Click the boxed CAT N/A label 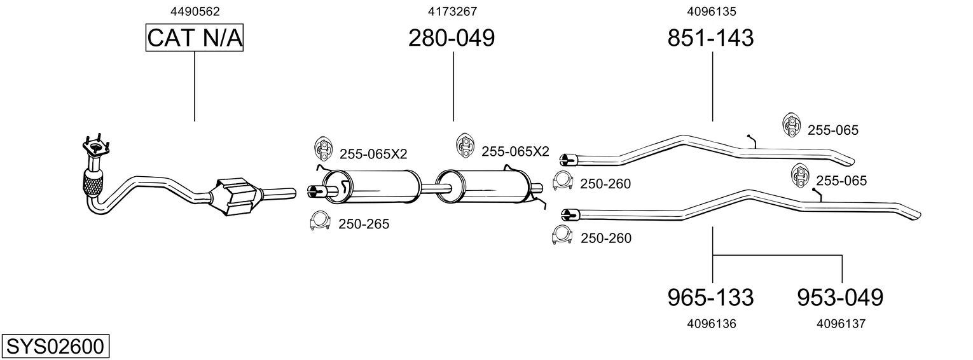click(x=195, y=39)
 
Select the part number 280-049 click(x=452, y=39)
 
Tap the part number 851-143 click(x=710, y=39)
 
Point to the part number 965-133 click(x=710, y=297)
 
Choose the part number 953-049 click(x=840, y=297)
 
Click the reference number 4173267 click(x=452, y=11)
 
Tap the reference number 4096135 click(x=711, y=11)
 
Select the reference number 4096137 click(x=841, y=324)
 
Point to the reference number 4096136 click(x=712, y=324)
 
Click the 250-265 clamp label click(x=364, y=224)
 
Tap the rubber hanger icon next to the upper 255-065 click(x=790, y=126)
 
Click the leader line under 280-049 click(x=453, y=86)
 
